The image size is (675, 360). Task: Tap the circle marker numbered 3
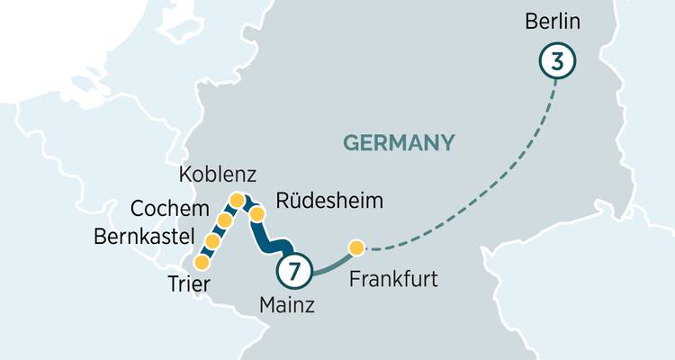point(557,62)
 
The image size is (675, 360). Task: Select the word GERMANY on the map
point(398,142)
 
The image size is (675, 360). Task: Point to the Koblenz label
point(218,174)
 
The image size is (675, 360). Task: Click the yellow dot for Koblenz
point(237,200)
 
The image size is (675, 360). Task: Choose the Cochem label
point(169,209)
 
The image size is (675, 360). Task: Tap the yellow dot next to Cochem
point(225,220)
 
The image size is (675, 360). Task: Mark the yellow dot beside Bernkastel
point(213,241)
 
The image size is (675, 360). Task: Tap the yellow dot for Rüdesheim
point(256,214)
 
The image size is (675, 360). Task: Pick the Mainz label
point(287,305)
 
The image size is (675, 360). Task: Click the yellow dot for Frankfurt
point(356,247)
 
